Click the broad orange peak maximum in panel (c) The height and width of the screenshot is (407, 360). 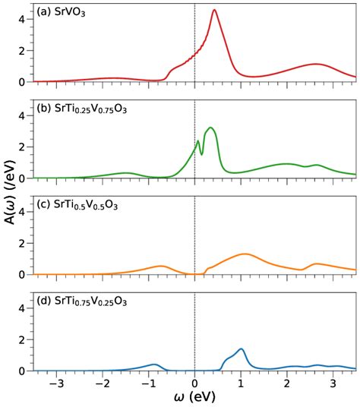pyautogui.click(x=244, y=254)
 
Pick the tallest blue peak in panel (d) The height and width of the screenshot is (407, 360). pyautogui.click(x=241, y=349)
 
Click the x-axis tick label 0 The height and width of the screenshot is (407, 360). pyautogui.click(x=195, y=383)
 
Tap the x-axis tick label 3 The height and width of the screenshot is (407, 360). pyautogui.click(x=333, y=383)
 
